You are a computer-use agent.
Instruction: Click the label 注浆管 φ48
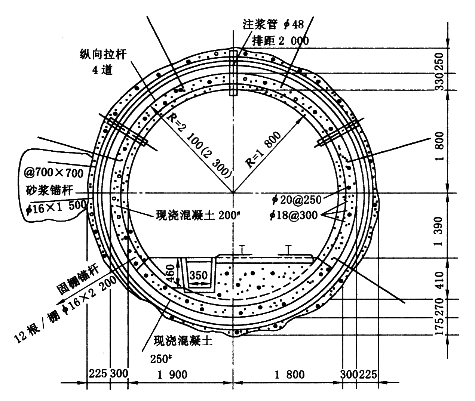pyautogui.click(x=273, y=25)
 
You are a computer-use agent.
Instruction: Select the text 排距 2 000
pyautogui.click(x=281, y=40)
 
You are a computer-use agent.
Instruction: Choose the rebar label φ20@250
pyautogui.click(x=297, y=200)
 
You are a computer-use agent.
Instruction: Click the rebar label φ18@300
pyautogui.click(x=297, y=215)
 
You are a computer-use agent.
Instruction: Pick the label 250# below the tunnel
pyautogui.click(x=161, y=358)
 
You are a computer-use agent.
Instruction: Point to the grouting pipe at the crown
pyautogui.click(x=233, y=73)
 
